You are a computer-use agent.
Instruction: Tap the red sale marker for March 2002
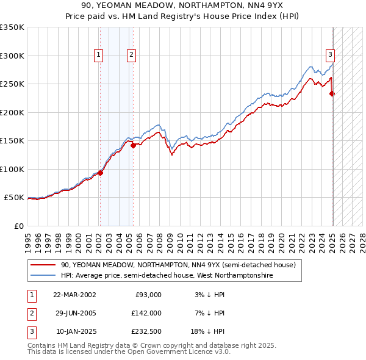(x=101, y=173)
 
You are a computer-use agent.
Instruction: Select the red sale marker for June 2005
(x=134, y=145)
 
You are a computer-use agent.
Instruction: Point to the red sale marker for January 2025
(x=332, y=93)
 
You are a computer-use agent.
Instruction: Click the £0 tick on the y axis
(x=18, y=226)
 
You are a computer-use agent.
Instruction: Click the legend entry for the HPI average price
(x=167, y=276)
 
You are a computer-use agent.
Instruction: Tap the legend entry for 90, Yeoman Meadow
(x=178, y=265)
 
